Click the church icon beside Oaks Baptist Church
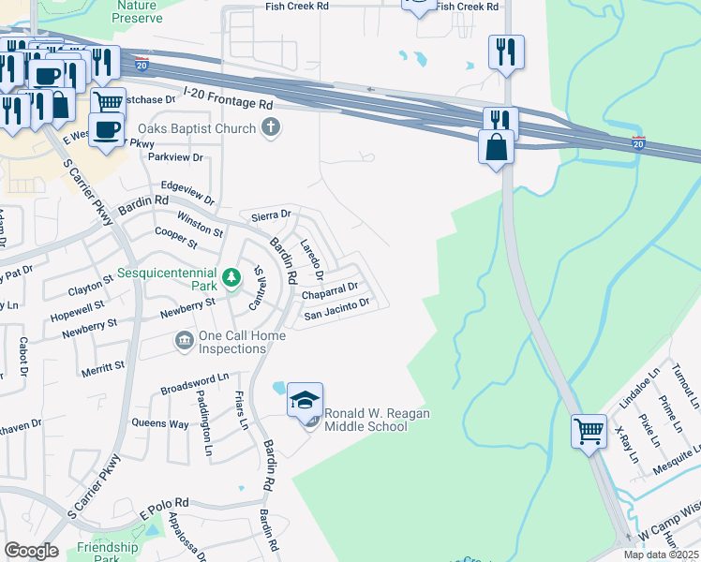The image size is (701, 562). (272, 127)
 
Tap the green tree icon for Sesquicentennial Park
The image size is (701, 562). (231, 277)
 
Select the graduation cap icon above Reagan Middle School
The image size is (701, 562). (305, 400)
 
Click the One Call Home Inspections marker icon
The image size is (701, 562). (184, 340)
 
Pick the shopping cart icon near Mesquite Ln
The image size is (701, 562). (589, 432)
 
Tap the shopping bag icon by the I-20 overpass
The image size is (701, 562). (496, 147)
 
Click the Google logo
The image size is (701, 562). (31, 550)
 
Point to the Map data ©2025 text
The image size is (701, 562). (661, 555)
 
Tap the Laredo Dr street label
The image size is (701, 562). (310, 259)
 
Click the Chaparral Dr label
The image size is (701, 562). (330, 291)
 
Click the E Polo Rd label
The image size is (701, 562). (171, 509)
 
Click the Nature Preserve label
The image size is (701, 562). (136, 10)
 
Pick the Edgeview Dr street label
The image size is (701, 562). (187, 194)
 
